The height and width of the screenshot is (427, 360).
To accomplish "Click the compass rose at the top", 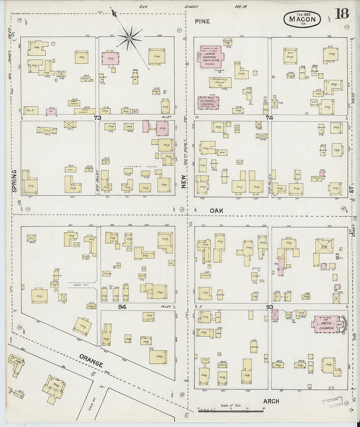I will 130,39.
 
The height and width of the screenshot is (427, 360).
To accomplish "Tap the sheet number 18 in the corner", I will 342,14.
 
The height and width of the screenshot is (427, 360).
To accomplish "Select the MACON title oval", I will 302,19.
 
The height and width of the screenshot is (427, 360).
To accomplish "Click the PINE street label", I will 202,22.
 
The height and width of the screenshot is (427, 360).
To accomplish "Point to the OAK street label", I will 216,211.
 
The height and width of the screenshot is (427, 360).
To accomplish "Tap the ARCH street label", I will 271,401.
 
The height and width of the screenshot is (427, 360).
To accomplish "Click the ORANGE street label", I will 91,359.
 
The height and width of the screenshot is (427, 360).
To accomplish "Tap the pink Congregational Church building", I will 208,102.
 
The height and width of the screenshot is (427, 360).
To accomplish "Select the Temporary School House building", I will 221,82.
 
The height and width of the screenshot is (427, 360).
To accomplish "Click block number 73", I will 97,117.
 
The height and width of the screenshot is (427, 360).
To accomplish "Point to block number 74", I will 269,117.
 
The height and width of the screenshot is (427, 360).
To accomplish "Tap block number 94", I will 122,307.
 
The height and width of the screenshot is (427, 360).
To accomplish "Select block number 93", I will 270,307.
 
